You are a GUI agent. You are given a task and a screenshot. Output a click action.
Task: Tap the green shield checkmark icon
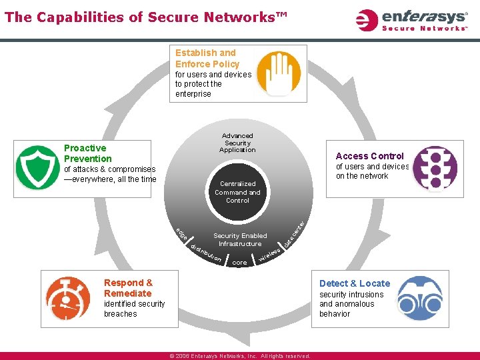[37, 167]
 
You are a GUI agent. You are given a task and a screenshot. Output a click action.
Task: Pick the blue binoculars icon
[420, 297]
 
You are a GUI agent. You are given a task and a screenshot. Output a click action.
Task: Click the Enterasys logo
[412, 19]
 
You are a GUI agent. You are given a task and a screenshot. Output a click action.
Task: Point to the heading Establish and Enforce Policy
[207, 58]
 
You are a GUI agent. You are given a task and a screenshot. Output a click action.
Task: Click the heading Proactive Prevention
[87, 153]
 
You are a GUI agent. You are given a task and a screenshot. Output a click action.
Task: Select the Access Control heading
[369, 156]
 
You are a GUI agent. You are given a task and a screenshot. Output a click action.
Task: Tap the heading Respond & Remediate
[127, 288]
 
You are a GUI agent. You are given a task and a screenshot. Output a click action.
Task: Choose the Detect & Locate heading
[355, 283]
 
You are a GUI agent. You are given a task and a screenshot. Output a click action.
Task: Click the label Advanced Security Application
[237, 143]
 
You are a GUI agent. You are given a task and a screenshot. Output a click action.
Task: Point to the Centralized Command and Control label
[237, 192]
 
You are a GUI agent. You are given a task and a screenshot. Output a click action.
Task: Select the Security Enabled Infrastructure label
[239, 240]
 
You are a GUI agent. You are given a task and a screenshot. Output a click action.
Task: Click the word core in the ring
[240, 263]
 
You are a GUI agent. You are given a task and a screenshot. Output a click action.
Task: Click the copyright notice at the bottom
[240, 356]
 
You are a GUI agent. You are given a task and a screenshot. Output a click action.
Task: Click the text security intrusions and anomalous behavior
[351, 304]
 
